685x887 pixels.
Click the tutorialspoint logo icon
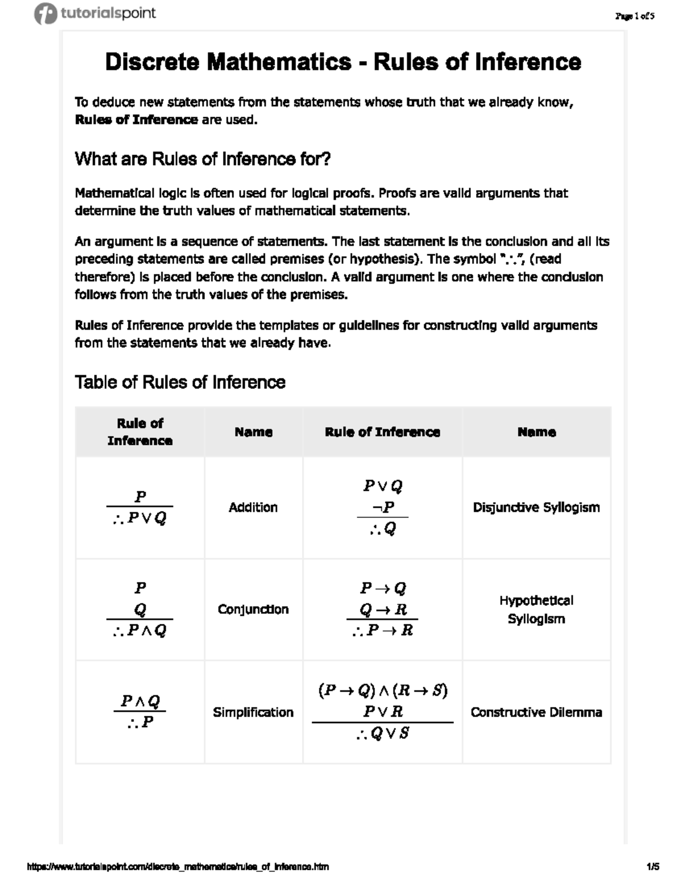pyautogui.click(x=45, y=14)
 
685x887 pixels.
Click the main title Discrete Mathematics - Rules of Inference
pyautogui.click(x=342, y=62)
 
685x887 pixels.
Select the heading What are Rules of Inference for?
pyautogui.click(x=203, y=159)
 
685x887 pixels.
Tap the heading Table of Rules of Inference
pyautogui.click(x=180, y=382)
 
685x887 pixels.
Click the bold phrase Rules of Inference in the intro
pyautogui.click(x=136, y=120)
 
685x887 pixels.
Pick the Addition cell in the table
pyautogui.click(x=253, y=507)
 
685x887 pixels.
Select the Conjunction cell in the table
pyautogui.click(x=253, y=609)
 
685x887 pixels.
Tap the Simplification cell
pyautogui.click(x=253, y=712)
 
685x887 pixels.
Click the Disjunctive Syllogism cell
pyautogui.click(x=536, y=507)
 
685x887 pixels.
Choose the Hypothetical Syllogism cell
pyautogui.click(x=536, y=609)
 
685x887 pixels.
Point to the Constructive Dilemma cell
pyautogui.click(x=536, y=712)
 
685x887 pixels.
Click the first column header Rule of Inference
pyautogui.click(x=140, y=432)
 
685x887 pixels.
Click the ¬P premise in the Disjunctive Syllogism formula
pyautogui.click(x=383, y=507)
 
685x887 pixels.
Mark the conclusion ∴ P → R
pyautogui.click(x=382, y=631)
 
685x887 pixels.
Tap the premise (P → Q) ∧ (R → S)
pyautogui.click(x=382, y=691)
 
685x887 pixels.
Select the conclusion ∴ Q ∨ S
pyautogui.click(x=382, y=733)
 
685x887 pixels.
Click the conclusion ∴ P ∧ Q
pyautogui.click(x=140, y=631)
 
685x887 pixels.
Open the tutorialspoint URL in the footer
pyautogui.click(x=178, y=866)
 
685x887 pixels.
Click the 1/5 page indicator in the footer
pyautogui.click(x=652, y=866)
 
